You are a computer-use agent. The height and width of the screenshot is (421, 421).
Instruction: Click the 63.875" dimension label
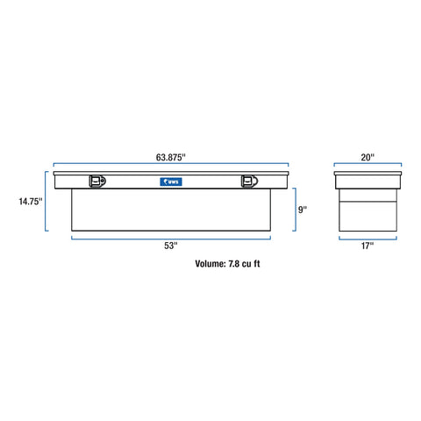[171, 157]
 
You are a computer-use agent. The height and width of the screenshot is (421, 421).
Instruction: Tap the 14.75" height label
[31, 202]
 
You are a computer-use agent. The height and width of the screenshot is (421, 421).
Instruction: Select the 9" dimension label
[303, 210]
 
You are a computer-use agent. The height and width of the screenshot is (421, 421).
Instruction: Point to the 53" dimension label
[171, 246]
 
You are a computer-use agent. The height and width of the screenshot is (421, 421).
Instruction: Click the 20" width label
[367, 157]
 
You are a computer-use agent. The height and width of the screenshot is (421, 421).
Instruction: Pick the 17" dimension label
[367, 246]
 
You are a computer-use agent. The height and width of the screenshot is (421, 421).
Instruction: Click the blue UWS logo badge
[171, 182]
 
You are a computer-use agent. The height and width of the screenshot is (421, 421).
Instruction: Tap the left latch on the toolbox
[97, 181]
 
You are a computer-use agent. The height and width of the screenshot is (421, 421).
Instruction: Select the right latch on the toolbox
[249, 181]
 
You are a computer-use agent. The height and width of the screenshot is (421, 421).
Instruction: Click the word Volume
[210, 264]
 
